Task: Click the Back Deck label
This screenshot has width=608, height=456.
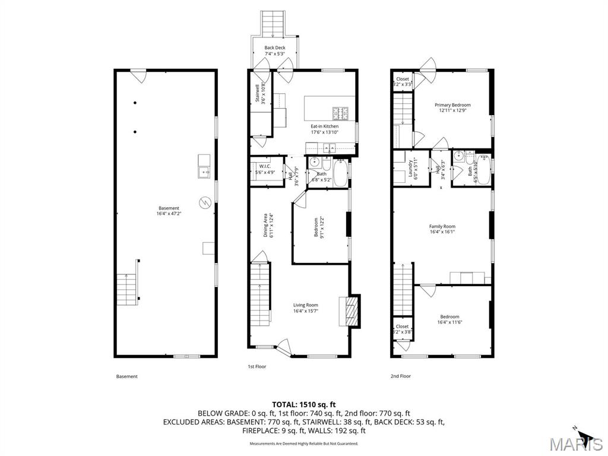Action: tap(275, 48)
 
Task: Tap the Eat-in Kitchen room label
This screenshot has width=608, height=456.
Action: tap(325, 126)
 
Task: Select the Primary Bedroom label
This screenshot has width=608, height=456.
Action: tap(452, 105)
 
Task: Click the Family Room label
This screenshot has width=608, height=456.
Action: tap(442, 226)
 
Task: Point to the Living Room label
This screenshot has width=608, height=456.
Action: tap(305, 305)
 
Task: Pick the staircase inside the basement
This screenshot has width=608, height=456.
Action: tap(126, 289)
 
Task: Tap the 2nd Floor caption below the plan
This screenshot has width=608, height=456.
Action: tap(400, 376)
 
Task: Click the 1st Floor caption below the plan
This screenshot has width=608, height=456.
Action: tap(256, 366)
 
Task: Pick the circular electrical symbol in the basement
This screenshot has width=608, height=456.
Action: tap(205, 202)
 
